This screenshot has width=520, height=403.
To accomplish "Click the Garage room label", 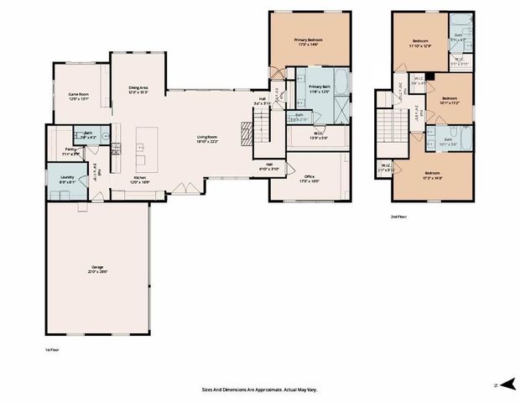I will (97, 269).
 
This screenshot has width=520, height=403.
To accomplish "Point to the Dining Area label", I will (138, 89).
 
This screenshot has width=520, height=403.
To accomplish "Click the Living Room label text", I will (208, 139).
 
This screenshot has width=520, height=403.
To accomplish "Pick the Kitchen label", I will (141, 180).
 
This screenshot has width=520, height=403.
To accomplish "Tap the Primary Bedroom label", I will (309, 42).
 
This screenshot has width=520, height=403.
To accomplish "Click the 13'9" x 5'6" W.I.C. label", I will (320, 135).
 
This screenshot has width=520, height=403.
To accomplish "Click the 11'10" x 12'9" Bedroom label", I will (420, 44).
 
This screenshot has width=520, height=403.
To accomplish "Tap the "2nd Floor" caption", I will (400, 217).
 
